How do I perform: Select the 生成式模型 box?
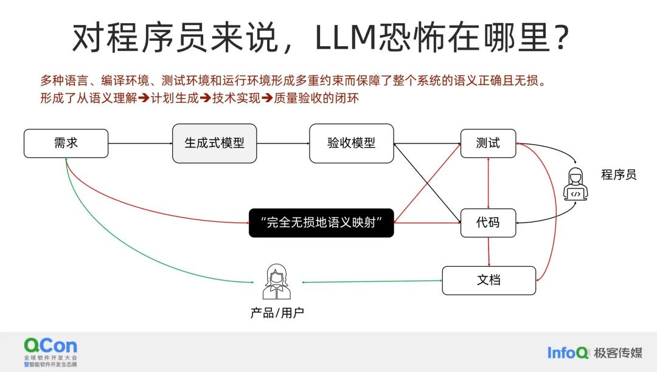[x=215, y=143]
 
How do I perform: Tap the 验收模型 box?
[x=351, y=143]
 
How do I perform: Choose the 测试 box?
[x=488, y=143]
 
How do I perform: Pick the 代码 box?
[x=488, y=222]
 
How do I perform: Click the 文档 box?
[x=488, y=280]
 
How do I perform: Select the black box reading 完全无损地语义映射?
[x=321, y=222]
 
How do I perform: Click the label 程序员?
[x=619, y=175]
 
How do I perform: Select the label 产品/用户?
[x=277, y=314]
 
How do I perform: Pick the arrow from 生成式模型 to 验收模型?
[x=283, y=143]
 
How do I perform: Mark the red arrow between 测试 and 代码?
[x=488, y=183]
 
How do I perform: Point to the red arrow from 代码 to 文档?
[x=488, y=252]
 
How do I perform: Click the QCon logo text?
[x=50, y=346]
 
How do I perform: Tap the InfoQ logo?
[x=568, y=353]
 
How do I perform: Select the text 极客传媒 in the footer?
[x=618, y=353]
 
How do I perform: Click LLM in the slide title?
[x=353, y=38]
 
